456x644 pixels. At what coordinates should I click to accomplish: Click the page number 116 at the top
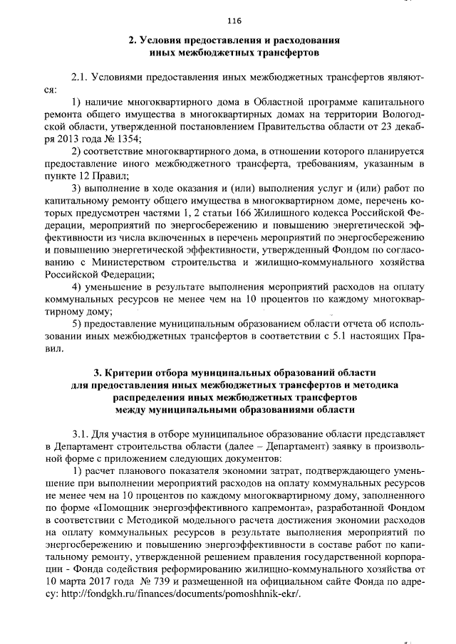[235, 20]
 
